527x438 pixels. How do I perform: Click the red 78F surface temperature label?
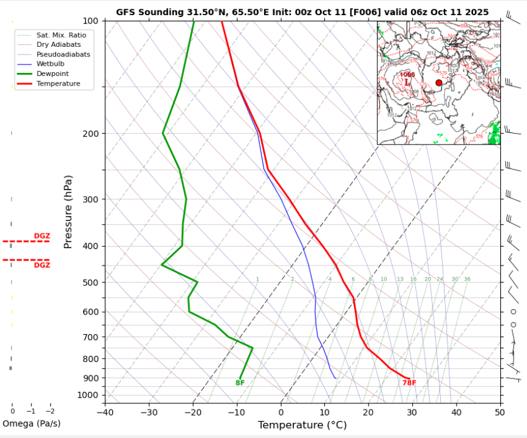click(x=409, y=383)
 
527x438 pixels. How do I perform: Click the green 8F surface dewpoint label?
click(x=240, y=383)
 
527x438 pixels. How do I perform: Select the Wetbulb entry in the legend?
click(x=49, y=64)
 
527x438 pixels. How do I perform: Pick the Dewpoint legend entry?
click(x=52, y=74)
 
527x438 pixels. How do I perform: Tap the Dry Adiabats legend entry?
click(x=58, y=44)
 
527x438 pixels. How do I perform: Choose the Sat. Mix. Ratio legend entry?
click(x=61, y=35)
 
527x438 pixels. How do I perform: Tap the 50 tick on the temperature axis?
click(x=500, y=413)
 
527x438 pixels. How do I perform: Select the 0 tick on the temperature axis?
click(x=280, y=413)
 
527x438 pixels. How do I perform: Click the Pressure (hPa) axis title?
click(x=68, y=212)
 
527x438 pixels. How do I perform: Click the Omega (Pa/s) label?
click(x=32, y=423)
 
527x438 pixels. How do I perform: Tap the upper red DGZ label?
click(x=42, y=236)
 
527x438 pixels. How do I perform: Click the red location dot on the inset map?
click(x=439, y=83)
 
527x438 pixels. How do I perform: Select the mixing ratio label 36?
click(x=467, y=279)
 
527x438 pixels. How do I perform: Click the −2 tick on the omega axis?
click(x=50, y=411)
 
